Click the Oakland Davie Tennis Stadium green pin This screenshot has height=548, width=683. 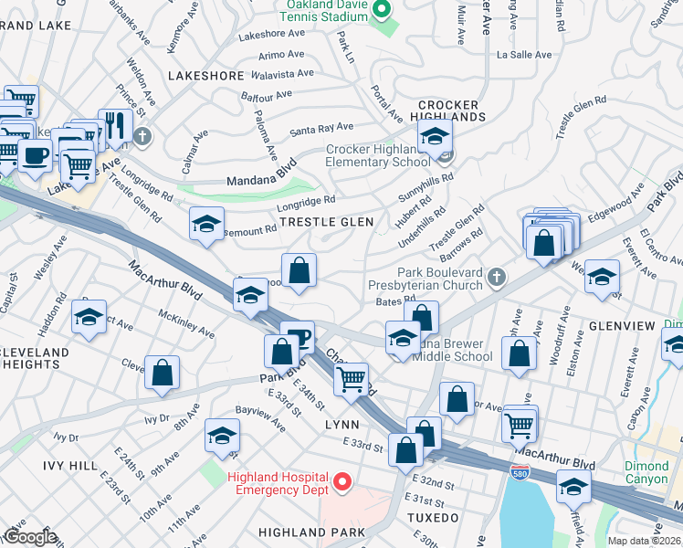point(384,11)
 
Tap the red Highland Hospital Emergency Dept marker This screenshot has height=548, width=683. point(343,480)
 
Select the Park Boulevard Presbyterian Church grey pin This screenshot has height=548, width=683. point(495,276)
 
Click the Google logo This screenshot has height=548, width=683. point(30,537)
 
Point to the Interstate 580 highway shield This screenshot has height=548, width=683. point(518,470)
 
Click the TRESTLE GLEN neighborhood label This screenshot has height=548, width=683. point(326,222)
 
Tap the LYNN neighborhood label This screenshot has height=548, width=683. point(341,425)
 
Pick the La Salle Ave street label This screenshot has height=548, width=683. point(524,55)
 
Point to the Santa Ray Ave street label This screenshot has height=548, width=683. point(321,129)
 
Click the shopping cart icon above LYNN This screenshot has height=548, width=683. point(352,377)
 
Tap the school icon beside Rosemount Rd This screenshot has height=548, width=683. point(207,223)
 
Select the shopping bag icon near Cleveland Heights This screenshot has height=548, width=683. point(162,372)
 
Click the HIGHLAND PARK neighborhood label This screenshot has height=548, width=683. point(304,531)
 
